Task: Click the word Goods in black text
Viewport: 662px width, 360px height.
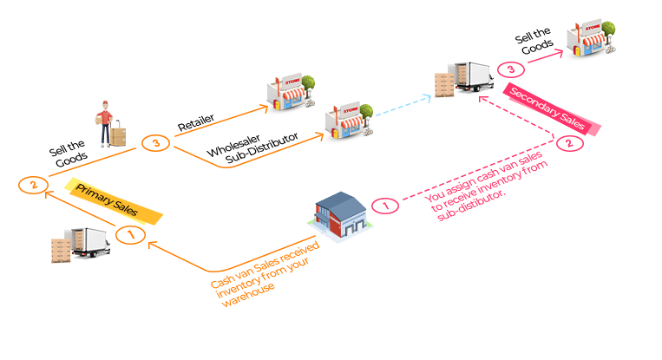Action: coord(70,160)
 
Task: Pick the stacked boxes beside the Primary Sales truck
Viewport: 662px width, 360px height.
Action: coord(62,249)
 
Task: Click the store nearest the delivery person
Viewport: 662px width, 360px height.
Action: coord(287,92)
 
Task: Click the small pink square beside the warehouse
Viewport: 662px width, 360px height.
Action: coord(384,205)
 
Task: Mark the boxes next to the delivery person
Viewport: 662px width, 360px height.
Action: coord(118,133)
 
